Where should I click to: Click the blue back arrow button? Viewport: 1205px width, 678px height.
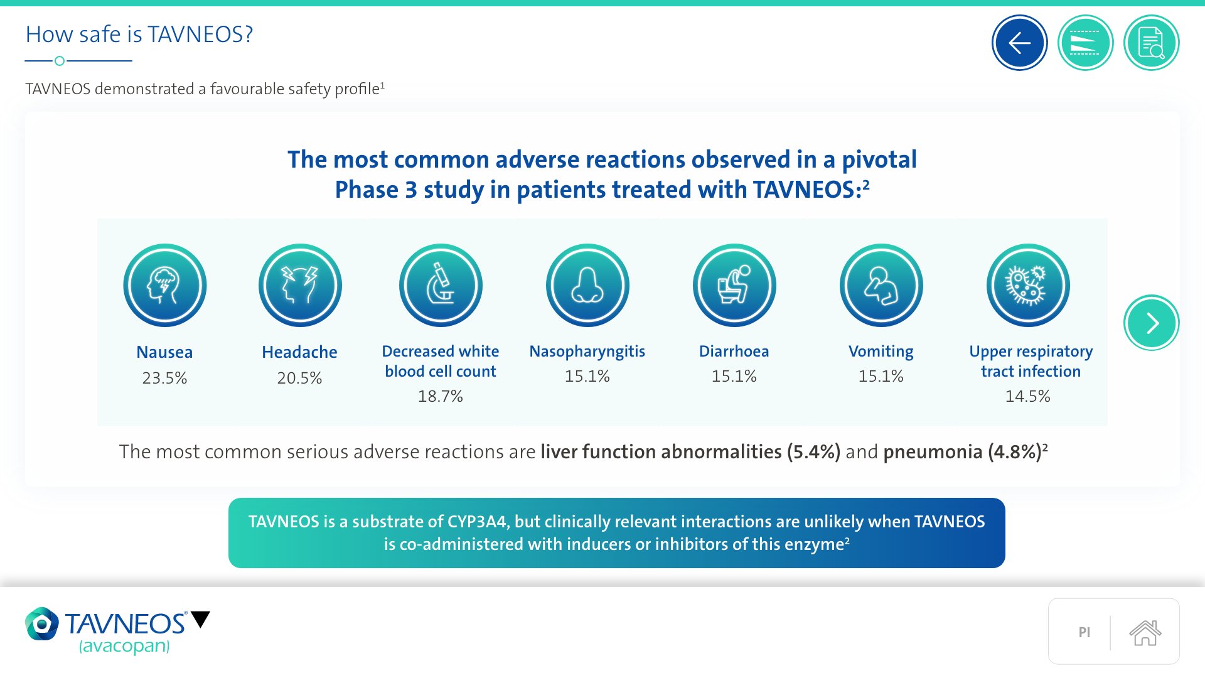point(1019,43)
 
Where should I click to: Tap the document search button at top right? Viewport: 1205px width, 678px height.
point(1151,43)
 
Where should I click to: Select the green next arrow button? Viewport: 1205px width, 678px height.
point(1151,323)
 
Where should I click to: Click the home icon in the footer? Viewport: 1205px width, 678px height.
point(1145,632)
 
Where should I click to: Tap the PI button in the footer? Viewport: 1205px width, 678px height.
point(1084,632)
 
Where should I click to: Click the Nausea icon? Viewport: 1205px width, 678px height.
point(164,285)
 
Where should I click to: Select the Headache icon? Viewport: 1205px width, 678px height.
point(300,285)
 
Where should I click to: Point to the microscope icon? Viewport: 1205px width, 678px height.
point(441,285)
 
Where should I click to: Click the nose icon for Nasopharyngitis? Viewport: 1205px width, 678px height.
point(587,285)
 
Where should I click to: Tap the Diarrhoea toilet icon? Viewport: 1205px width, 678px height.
point(734,285)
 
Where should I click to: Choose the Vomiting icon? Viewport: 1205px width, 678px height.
point(881,285)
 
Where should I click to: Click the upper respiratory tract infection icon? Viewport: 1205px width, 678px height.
point(1028,285)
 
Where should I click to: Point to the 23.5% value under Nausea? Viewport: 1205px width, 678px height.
point(164,378)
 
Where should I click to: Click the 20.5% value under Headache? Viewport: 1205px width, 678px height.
point(299,378)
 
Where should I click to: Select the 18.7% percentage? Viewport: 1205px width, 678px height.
point(441,396)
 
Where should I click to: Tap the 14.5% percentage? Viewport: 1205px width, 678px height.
point(1028,396)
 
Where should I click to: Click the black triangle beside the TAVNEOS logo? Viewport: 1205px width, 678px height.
point(200,619)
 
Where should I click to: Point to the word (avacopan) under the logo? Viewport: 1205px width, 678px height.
point(124,646)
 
